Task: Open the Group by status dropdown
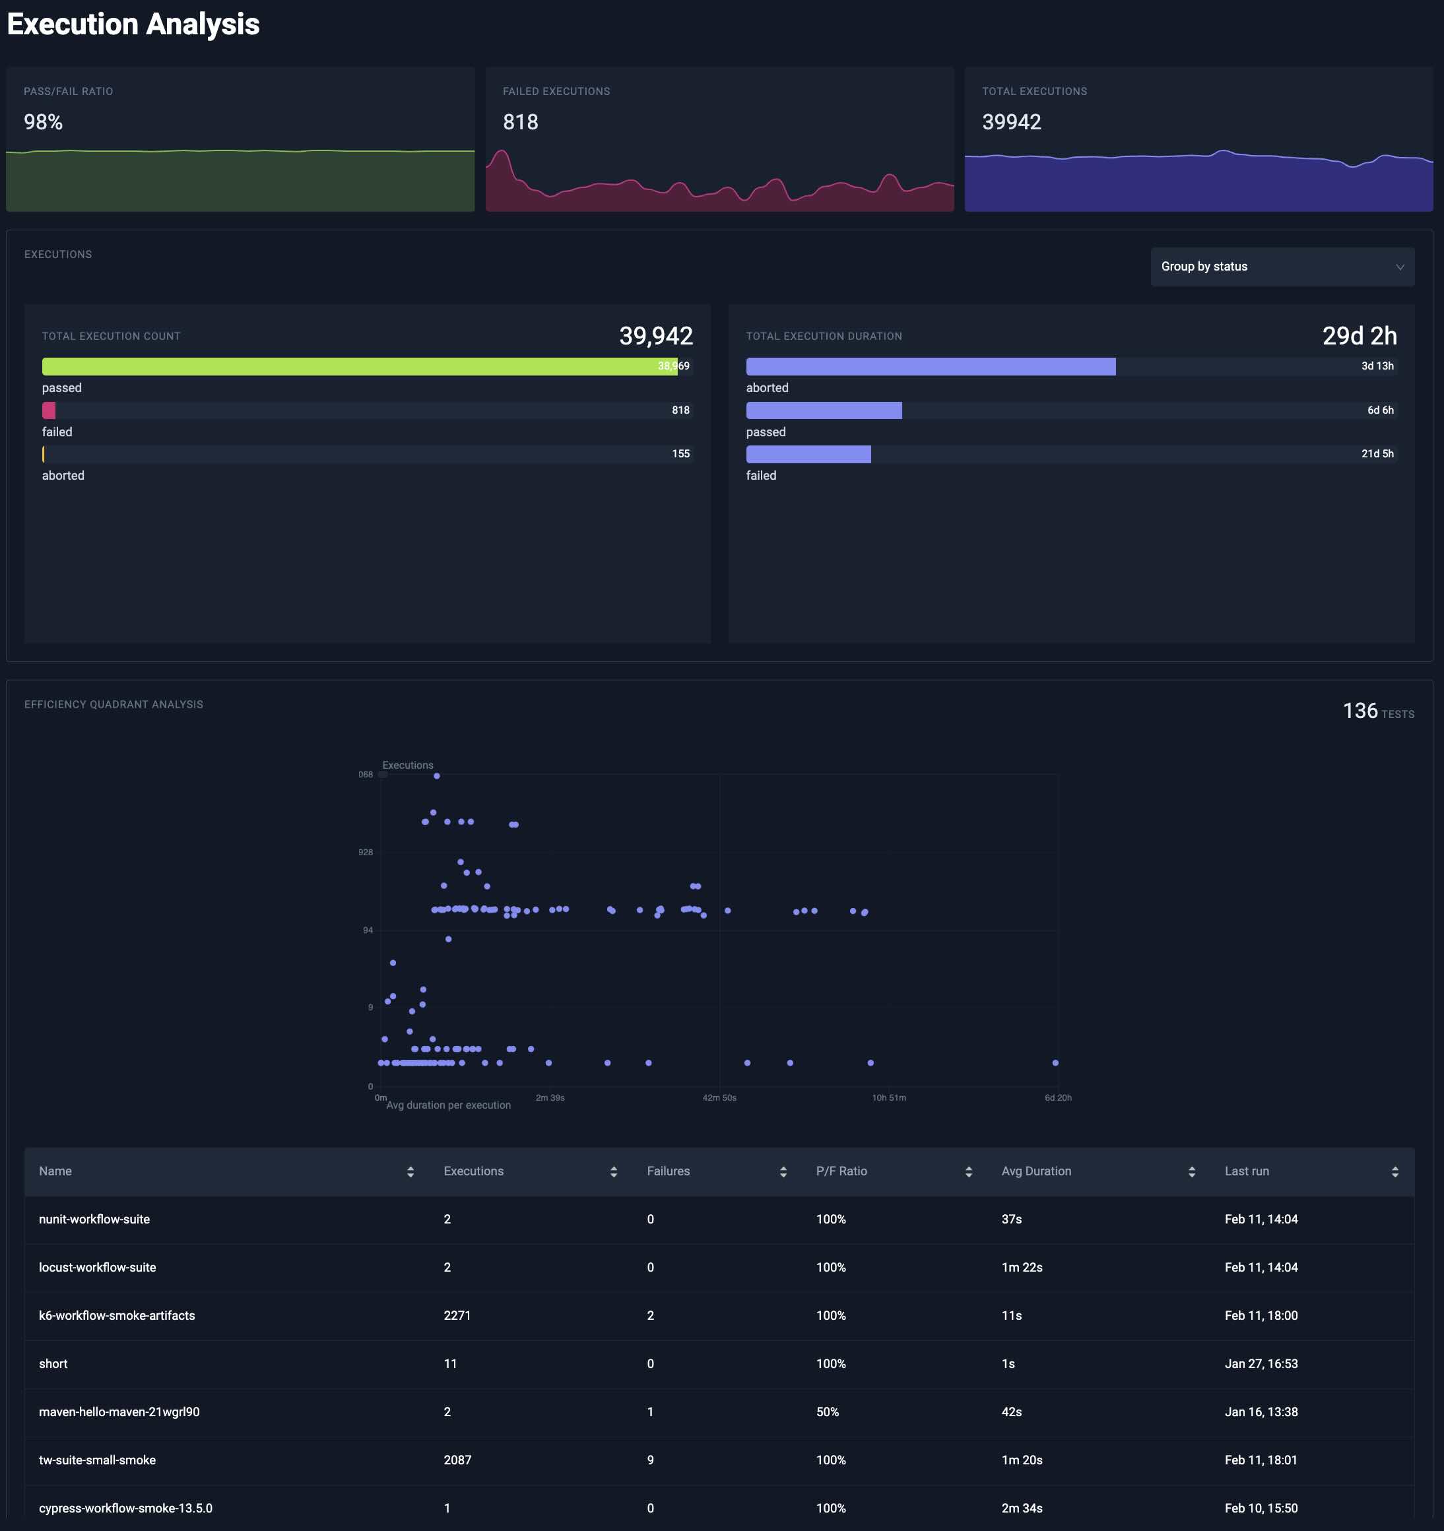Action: [x=1282, y=267]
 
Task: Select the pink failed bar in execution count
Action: [x=49, y=410]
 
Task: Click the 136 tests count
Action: [x=1360, y=711]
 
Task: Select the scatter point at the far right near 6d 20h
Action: [x=1055, y=1062]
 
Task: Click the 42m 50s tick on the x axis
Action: [x=719, y=1097]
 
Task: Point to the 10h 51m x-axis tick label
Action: [x=889, y=1097]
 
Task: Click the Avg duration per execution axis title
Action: [x=448, y=1105]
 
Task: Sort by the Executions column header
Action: [x=474, y=1171]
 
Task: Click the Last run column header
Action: [x=1247, y=1171]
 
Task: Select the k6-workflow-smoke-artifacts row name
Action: [x=117, y=1315]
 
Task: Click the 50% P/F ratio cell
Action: [x=827, y=1412]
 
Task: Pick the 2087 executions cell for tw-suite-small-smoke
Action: [x=457, y=1460]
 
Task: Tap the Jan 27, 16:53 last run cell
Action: [x=1261, y=1364]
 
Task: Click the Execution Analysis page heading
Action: [x=133, y=24]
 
